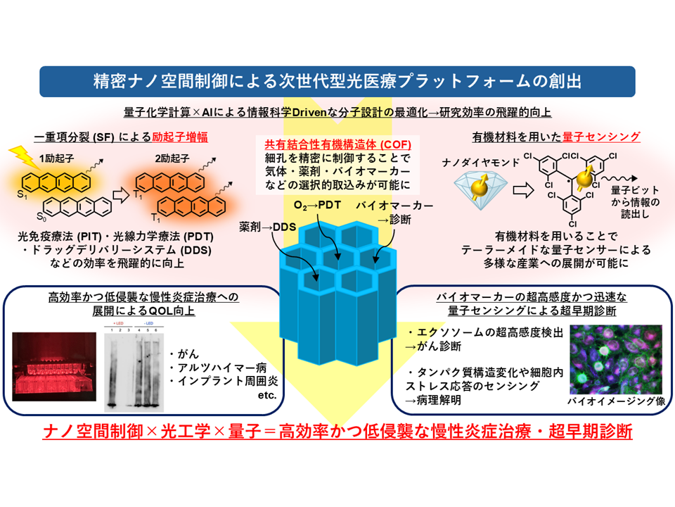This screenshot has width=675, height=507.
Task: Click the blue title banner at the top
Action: pyautogui.click(x=337, y=82)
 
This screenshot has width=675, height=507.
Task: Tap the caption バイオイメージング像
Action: pyautogui.click(x=612, y=401)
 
